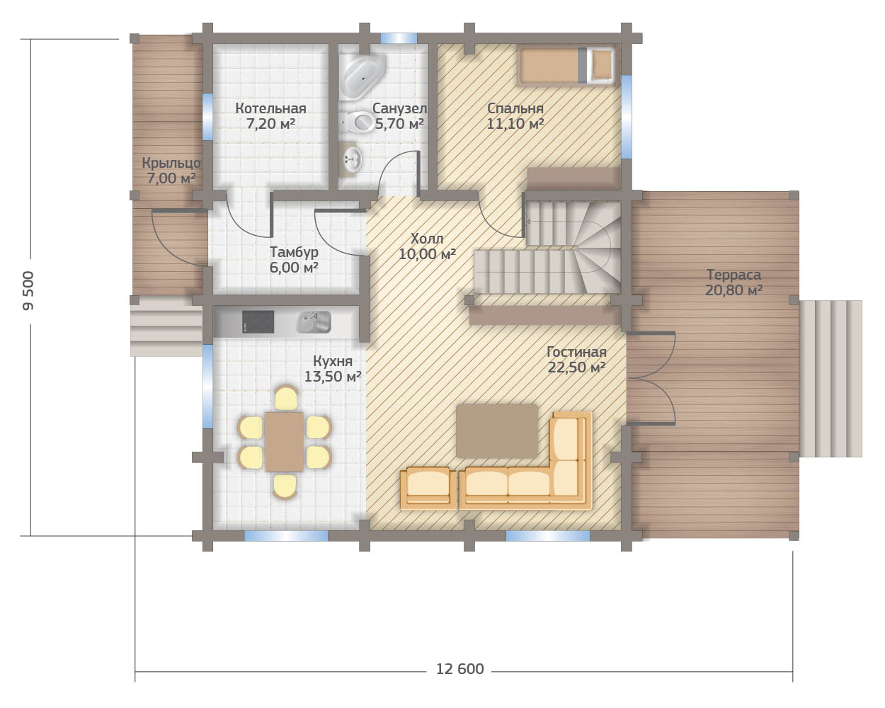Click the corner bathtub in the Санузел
[362, 76]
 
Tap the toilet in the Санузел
[357, 122]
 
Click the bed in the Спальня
[566, 66]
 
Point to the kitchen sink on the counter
[314, 322]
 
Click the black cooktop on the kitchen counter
[258, 321]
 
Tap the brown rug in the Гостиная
[497, 430]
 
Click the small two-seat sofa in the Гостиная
[428, 488]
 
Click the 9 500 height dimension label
[28, 290]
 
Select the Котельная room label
[270, 108]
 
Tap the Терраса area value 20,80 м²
[733, 290]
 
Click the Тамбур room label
[294, 252]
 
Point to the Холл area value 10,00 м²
[428, 254]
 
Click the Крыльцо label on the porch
[171, 164]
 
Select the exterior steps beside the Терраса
[830, 379]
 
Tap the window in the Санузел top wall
[399, 38]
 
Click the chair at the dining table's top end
[286, 398]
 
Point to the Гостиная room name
[576, 352]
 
